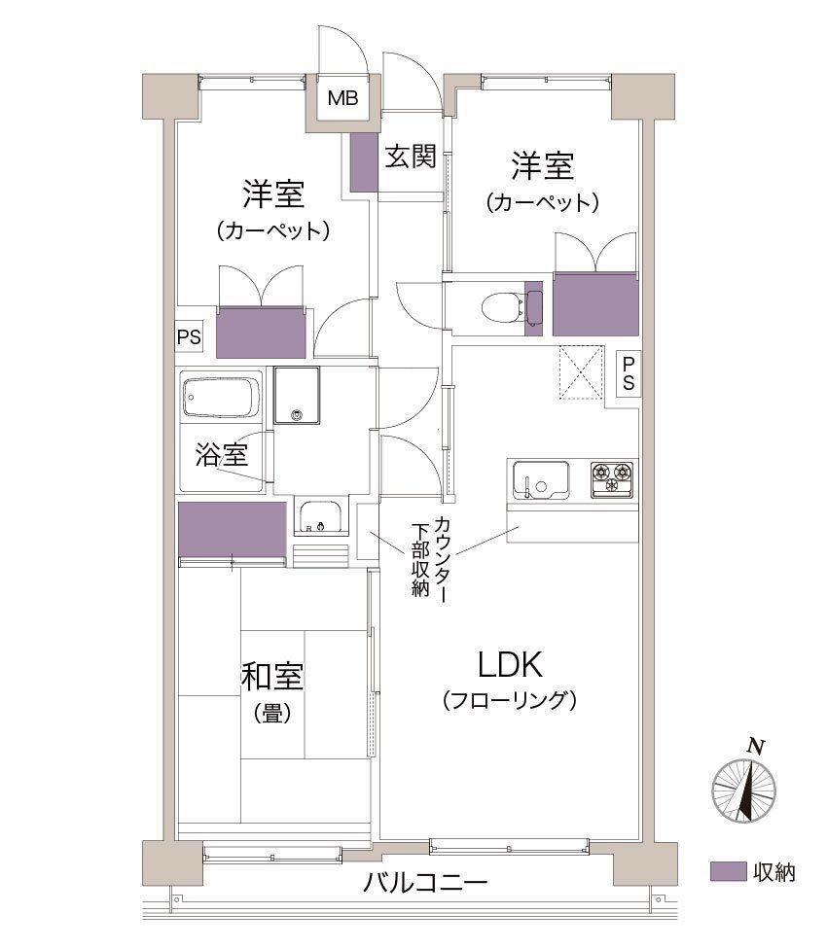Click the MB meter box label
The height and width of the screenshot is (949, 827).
click(x=342, y=97)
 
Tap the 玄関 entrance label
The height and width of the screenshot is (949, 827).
click(x=411, y=157)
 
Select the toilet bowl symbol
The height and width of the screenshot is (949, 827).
click(x=502, y=307)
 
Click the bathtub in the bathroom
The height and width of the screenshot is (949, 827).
click(x=221, y=398)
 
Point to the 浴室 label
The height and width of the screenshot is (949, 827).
click(x=222, y=454)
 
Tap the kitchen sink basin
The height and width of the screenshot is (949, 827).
click(x=540, y=480)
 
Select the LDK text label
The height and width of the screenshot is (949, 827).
click(x=510, y=665)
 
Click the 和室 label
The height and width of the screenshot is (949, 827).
click(x=272, y=678)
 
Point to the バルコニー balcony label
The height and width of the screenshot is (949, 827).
click(x=425, y=883)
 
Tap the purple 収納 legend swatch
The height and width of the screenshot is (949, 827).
click(x=728, y=871)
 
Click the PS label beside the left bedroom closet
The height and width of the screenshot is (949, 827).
click(x=189, y=336)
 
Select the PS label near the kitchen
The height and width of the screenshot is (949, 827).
click(x=629, y=374)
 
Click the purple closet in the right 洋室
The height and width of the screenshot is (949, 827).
click(x=595, y=304)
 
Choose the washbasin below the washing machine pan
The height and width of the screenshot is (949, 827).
click(x=321, y=518)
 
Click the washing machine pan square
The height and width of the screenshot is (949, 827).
click(x=297, y=396)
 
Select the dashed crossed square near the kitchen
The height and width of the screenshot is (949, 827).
click(x=581, y=372)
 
